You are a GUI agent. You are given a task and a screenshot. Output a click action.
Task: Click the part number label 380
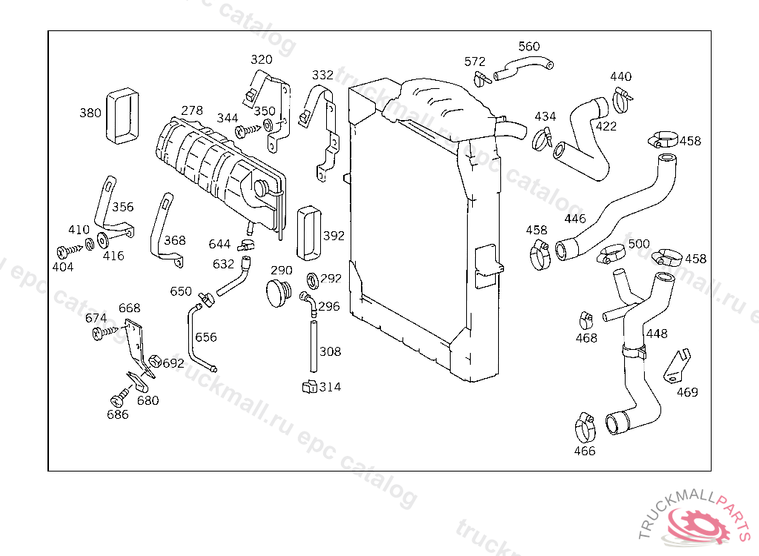click(x=90, y=113)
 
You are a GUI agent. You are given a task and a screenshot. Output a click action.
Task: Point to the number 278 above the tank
click(x=191, y=110)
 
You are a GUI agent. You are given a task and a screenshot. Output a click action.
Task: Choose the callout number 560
click(x=529, y=47)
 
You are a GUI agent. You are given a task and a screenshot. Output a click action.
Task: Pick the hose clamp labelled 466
click(x=586, y=425)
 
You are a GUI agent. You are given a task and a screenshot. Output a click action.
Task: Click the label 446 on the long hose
click(x=575, y=219)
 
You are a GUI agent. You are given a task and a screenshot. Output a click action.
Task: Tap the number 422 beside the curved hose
click(x=606, y=127)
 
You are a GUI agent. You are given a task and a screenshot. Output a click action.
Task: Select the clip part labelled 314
click(x=309, y=386)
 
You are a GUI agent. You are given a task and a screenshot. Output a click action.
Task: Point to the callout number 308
click(x=331, y=351)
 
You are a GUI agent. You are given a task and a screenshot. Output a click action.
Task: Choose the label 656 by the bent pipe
click(x=206, y=337)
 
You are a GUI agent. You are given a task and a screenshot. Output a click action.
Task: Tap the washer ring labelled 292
click(x=313, y=279)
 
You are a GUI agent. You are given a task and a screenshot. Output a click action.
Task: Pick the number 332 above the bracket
click(x=322, y=76)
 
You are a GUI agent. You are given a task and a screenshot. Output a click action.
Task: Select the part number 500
click(x=639, y=244)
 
